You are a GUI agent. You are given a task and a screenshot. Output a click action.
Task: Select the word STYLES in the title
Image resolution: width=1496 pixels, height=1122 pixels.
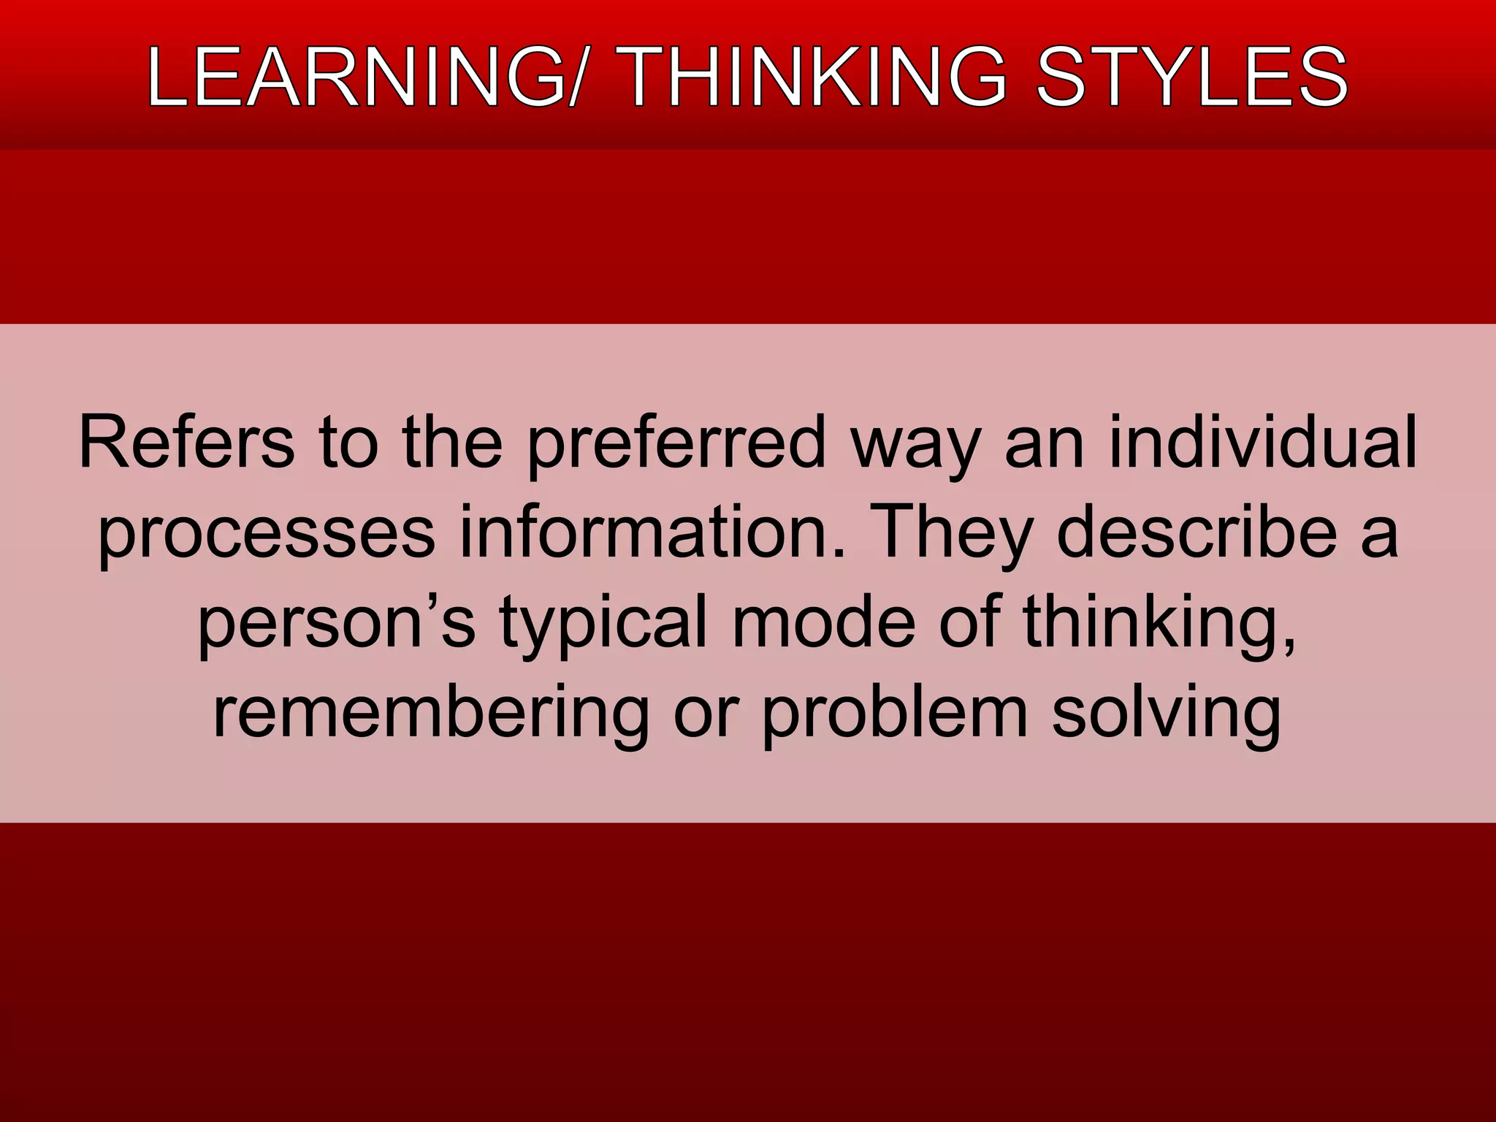tap(1192, 77)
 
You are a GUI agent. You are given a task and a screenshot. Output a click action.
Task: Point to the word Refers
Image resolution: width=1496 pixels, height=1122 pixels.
tap(187, 443)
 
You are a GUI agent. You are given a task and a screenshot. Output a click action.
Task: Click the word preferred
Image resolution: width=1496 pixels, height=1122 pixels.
tap(676, 444)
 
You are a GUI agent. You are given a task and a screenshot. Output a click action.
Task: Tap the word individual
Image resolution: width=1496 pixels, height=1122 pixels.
tap(1263, 443)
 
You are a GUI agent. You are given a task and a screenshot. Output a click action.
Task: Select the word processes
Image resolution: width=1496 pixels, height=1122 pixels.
tap(267, 534)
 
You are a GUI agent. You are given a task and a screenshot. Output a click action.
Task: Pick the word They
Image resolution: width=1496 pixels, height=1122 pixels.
tap(953, 534)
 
